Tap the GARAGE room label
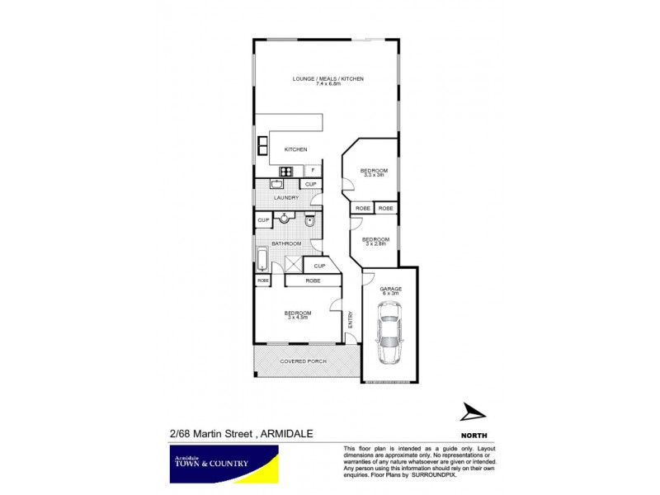point(389,289)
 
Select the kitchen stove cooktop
point(288,171)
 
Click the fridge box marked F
point(313,171)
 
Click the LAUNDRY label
point(286,198)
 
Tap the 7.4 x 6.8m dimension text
point(328,85)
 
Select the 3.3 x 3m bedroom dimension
point(374,176)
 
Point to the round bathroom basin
point(283,219)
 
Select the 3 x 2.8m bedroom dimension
point(375,244)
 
